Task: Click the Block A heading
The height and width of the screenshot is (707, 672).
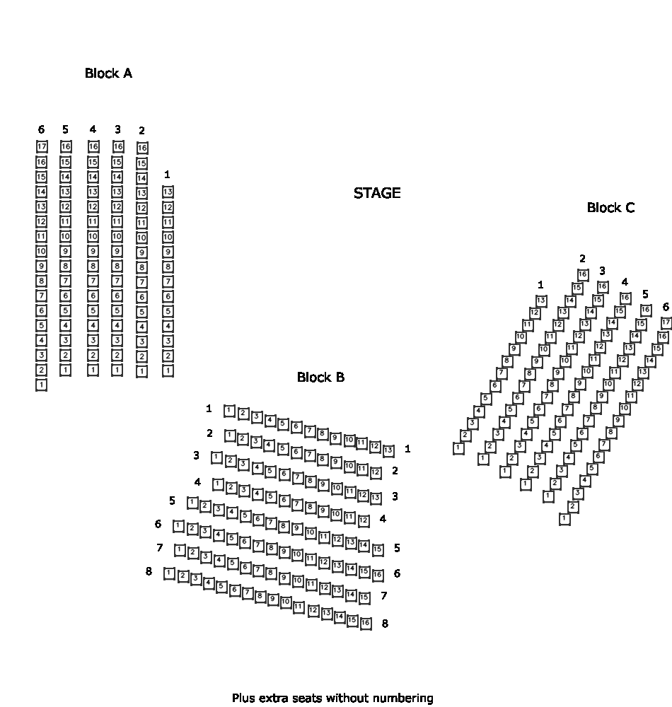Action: coord(108,74)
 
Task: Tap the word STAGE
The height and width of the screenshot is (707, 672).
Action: coord(377,193)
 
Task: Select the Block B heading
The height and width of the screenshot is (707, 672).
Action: coord(320,378)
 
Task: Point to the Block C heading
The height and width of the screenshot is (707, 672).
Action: coord(610,208)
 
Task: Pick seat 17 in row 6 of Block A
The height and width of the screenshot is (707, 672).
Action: coord(42,147)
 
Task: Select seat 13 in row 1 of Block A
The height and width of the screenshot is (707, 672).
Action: coord(168,192)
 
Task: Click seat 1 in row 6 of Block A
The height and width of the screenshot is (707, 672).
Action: coord(41,385)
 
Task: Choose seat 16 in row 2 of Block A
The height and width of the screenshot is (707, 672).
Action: coord(142,148)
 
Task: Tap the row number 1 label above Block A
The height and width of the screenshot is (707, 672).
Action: coord(167,175)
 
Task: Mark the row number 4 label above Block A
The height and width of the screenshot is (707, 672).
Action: coord(93,129)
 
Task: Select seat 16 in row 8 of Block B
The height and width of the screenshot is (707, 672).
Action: coord(365,623)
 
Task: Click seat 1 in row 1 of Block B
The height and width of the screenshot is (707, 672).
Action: coord(229,411)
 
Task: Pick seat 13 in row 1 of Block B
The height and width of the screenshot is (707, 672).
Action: coord(388,450)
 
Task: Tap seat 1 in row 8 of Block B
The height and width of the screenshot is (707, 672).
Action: coord(169,573)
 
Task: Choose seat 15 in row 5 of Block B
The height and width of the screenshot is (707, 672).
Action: coord(378,549)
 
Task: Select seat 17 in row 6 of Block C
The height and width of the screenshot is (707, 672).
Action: coord(666,322)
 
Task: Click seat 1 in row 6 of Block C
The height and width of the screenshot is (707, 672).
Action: coord(564,519)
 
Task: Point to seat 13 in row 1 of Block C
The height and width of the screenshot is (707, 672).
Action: coord(540,300)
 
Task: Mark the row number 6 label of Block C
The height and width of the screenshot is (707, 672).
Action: coord(666,307)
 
